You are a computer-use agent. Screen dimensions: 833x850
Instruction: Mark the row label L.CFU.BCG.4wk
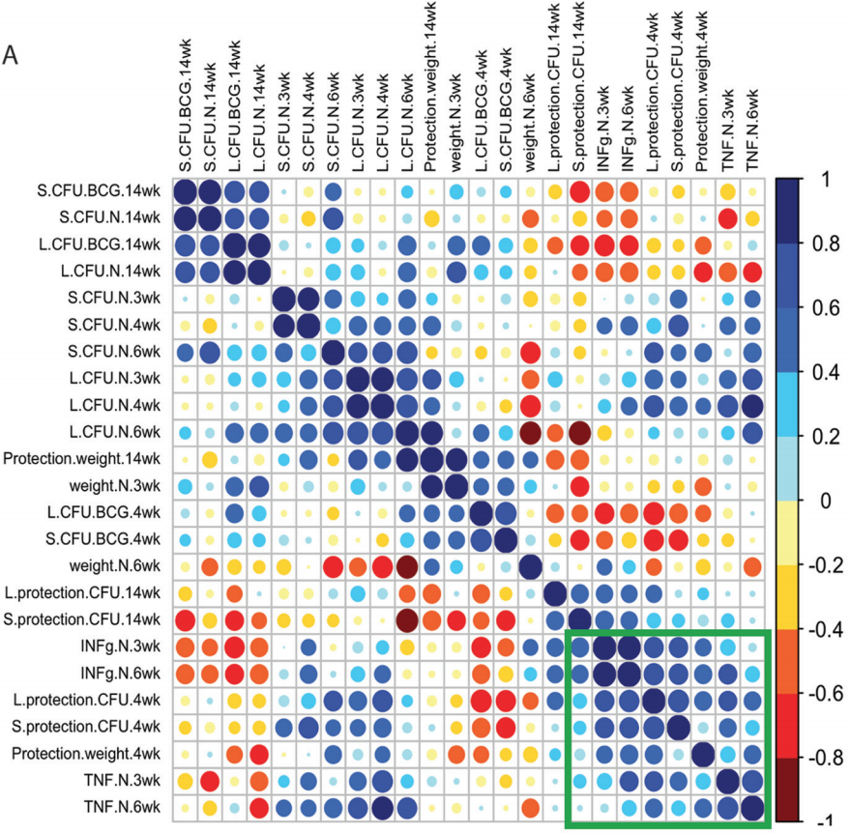tap(112, 510)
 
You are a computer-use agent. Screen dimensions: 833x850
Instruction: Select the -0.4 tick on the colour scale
tap(826, 630)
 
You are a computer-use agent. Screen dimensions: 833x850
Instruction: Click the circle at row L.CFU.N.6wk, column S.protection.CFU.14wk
tap(578, 430)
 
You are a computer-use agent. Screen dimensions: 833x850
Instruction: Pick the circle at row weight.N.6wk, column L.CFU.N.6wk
tap(406, 563)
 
